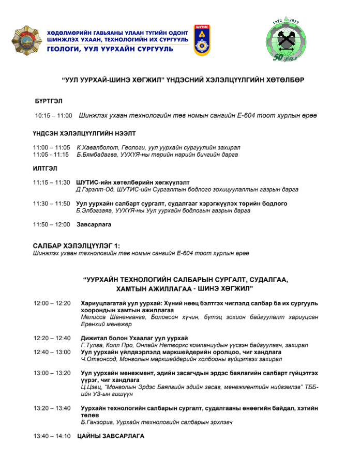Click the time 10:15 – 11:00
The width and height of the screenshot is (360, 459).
pyautogui.click(x=53, y=116)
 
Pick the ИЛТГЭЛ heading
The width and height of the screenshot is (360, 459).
pyautogui.click(x=44, y=169)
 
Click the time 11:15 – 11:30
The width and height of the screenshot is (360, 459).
pyautogui.click(x=51, y=182)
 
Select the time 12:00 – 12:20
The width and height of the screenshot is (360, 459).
pyautogui.click(x=52, y=303)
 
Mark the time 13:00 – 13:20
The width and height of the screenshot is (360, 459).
pyautogui.click(x=52, y=373)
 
